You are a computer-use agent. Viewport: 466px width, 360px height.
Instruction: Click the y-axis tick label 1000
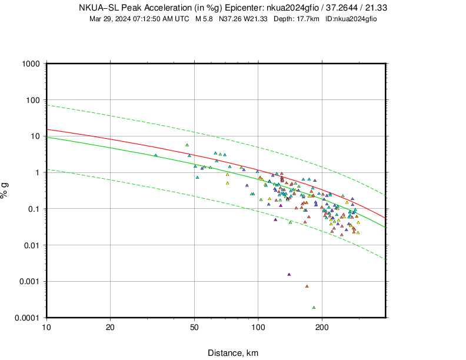pyautogui.click(x=31, y=64)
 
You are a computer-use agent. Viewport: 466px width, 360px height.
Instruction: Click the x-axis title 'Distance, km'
pyautogui.click(x=233, y=353)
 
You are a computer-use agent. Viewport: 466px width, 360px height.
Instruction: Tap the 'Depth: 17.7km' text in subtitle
pyautogui.click(x=296, y=19)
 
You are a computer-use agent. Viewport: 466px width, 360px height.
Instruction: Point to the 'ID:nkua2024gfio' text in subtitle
pyautogui.click(x=351, y=19)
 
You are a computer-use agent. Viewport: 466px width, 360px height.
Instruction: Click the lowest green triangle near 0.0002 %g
pyautogui.click(x=314, y=307)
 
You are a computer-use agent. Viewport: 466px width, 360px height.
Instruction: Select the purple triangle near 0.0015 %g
pyautogui.click(x=289, y=274)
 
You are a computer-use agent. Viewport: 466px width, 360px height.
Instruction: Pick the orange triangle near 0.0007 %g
pyautogui.click(x=307, y=286)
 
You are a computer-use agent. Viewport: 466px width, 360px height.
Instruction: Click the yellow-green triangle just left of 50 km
pyautogui.click(x=187, y=145)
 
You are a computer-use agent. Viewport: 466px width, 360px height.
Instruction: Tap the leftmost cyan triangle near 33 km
pyautogui.click(x=156, y=155)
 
